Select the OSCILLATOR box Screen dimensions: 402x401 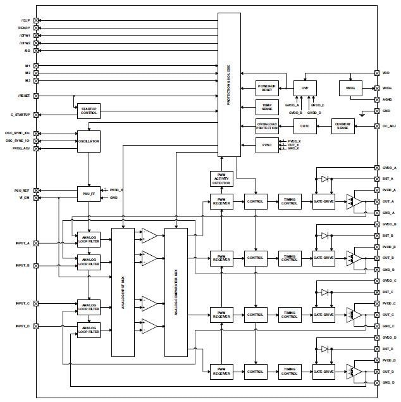pos(89,141)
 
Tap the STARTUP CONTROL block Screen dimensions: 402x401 pos(89,111)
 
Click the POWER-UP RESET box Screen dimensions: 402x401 pos(266,88)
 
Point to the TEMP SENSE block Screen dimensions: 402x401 pos(266,106)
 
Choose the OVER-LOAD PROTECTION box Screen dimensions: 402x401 pos(266,125)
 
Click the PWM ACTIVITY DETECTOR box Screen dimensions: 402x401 pos(221,179)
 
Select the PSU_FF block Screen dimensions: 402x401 pos(89,193)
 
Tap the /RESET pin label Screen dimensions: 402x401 pos(25,96)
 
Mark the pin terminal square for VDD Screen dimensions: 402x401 pos(369,73)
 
